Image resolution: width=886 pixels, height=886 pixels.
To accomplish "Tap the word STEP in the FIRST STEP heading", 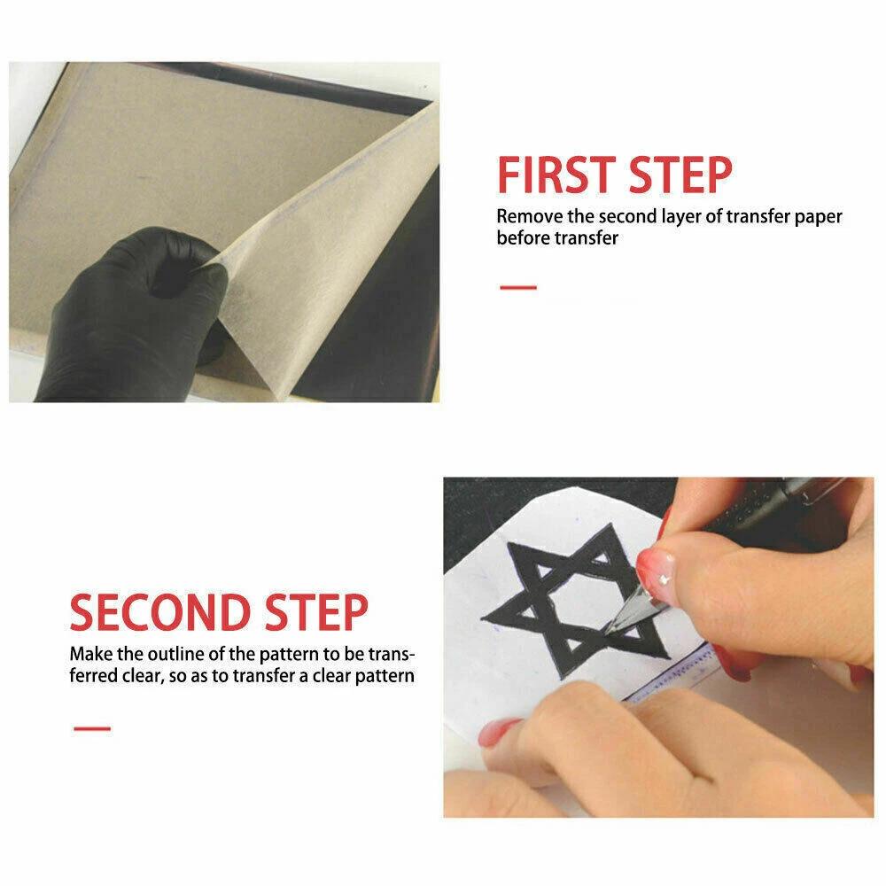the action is [x=680, y=175].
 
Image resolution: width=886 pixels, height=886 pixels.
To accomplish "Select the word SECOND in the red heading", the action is [x=159, y=612].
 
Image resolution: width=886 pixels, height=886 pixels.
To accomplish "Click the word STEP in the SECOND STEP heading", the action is [x=316, y=612].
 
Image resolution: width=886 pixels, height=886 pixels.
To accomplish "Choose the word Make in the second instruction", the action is [x=91, y=654].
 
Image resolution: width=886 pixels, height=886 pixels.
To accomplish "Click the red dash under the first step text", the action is [x=518, y=288].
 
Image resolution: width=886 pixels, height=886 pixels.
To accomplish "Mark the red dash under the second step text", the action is [x=92, y=728].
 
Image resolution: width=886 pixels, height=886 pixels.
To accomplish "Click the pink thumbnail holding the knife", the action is [x=656, y=567].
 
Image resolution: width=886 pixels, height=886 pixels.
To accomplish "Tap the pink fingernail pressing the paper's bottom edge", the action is [x=498, y=734].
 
